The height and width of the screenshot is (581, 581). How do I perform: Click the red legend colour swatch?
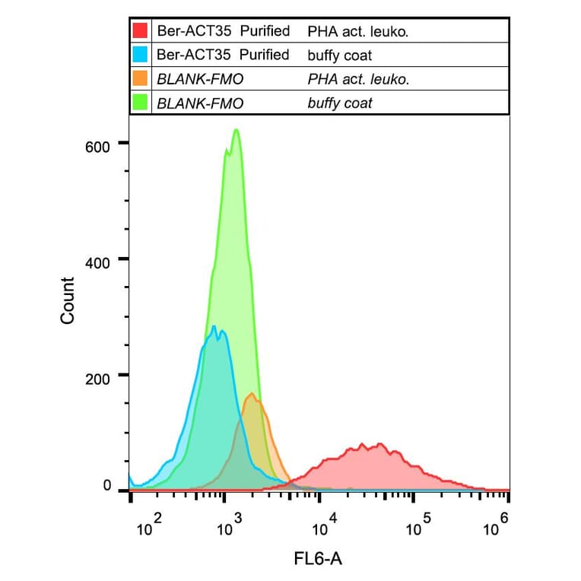pos(140,31)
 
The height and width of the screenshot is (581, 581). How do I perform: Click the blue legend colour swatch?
pos(140,55)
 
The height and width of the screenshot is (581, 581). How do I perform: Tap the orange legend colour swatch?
pos(140,78)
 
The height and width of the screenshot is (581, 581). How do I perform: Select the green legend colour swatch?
pos(140,102)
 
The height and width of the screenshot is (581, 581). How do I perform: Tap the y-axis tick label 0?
pos(107,486)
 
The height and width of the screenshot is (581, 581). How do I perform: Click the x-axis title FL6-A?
pos(318,560)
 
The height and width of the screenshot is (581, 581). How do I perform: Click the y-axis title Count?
pos(68,301)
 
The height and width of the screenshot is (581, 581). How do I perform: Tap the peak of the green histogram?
pos(237,130)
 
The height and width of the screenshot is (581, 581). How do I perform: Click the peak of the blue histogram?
pos(214,327)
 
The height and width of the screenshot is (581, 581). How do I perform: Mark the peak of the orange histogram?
pos(252,393)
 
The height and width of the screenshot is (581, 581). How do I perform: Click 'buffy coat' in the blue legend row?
pos(340,55)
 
